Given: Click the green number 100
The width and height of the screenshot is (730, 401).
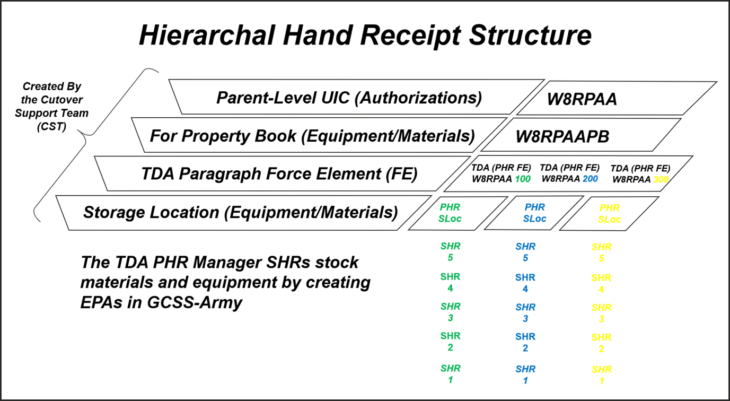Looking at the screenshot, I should coord(523,179).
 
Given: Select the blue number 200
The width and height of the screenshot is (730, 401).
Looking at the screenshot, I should coord(590,179).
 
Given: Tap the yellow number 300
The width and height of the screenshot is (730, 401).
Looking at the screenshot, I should coord(661,179).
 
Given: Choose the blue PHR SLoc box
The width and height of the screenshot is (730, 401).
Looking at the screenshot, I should coord(534,213).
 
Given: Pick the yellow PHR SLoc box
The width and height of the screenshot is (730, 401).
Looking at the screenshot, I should coord(609,214).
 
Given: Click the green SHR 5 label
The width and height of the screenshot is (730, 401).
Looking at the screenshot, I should coord(450,252).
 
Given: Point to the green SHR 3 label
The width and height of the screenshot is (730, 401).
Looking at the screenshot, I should coord(450,312).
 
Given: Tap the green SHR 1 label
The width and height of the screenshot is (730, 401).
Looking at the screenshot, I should coord(450,374).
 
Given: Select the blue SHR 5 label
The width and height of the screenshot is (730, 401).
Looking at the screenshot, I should coord(525,252).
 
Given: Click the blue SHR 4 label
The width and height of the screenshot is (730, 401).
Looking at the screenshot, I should coord(525,283).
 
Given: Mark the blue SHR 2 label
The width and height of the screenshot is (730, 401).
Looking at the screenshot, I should coord(525,342).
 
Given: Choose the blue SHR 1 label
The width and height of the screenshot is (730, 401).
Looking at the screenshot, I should coord(525,374).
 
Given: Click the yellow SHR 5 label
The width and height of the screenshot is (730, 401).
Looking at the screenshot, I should coord(601,252).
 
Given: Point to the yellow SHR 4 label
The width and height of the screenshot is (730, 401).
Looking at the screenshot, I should coord(601,283).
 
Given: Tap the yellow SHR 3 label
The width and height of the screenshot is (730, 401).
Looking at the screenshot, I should coord(601,313).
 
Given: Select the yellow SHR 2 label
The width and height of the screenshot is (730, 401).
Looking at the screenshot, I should coord(601,343).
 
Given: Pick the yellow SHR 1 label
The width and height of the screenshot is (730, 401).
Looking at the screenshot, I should coord(601,375).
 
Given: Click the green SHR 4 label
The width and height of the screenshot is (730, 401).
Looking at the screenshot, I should coord(450,282).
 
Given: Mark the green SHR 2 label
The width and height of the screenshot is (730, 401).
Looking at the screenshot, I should coord(450,342).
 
